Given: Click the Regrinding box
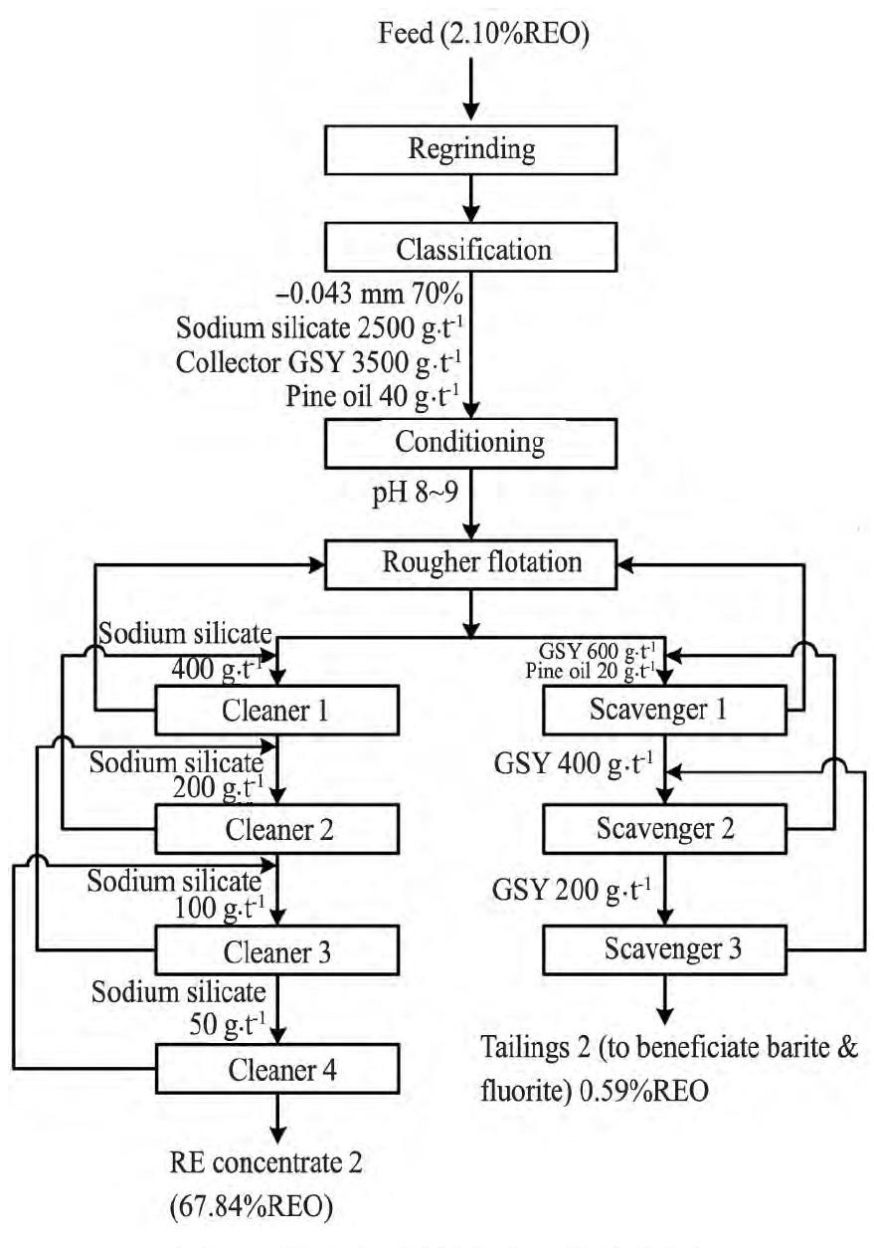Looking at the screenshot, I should (473, 150).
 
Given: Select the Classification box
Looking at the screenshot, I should (473, 249).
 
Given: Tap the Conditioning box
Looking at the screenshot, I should (473, 441).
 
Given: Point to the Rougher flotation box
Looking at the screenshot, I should (473, 561).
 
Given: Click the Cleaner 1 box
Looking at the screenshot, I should (276, 712).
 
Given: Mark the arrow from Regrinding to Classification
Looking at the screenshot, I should (473, 200).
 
